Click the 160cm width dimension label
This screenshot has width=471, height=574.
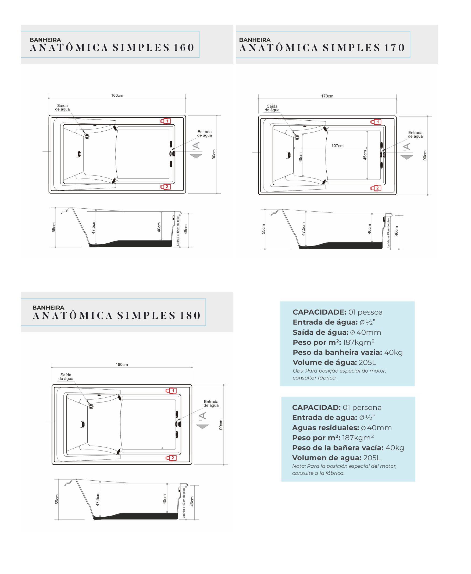117,95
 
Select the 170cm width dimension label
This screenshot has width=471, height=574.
327,96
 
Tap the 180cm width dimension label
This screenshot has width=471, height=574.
122,365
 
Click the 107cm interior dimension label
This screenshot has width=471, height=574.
337,146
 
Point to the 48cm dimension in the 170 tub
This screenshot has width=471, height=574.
301,157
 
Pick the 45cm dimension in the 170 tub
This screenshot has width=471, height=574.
365,155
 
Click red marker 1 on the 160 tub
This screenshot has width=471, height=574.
165,121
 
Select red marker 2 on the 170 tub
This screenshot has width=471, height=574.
376,188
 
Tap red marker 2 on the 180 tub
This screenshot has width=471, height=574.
171,458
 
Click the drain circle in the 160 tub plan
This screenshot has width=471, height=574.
87,136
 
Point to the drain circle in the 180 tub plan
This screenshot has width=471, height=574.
91,406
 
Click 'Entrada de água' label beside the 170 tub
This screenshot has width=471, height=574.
415,134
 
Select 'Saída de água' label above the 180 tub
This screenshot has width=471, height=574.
66,377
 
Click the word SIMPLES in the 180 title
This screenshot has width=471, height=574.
146,315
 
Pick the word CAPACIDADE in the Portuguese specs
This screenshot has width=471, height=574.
319,312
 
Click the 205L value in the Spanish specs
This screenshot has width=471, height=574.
372,458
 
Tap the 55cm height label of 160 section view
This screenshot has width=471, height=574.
54,227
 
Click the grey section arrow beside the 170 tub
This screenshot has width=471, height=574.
407,157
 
